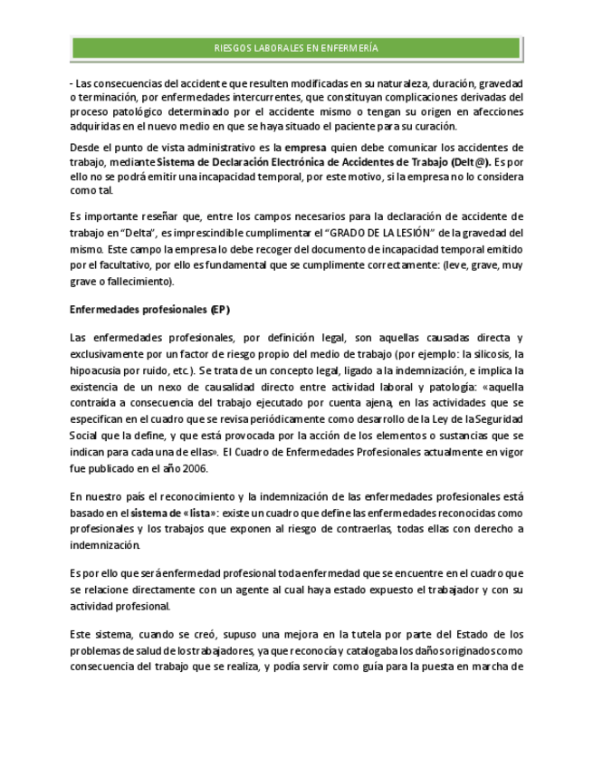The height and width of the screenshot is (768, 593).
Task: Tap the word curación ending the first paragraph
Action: [436, 127]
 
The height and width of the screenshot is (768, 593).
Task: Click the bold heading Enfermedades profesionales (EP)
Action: [149, 310]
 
